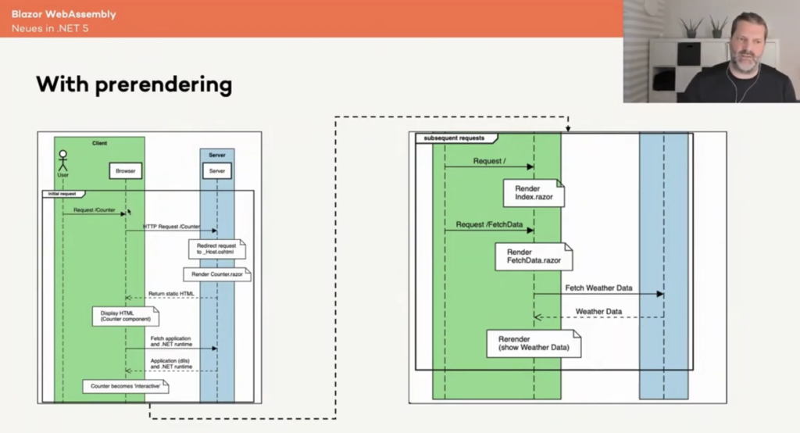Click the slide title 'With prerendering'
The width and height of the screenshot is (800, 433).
pos(134,84)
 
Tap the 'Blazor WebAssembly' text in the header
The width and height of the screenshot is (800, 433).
pos(63,14)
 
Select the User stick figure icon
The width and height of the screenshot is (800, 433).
pos(63,160)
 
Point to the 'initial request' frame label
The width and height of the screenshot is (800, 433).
pos(63,193)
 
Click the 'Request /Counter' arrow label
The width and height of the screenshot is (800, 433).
pos(94,209)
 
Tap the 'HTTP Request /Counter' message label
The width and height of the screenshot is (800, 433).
pos(170,227)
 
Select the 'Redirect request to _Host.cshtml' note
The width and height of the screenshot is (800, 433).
pos(216,249)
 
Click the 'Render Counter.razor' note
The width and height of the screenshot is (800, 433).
pos(216,274)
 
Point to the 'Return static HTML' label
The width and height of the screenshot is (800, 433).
pos(171,294)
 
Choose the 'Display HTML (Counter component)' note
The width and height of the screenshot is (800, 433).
pos(125,317)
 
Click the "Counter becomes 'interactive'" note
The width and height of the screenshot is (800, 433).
pos(127,386)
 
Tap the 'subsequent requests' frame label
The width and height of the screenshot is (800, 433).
pos(454,138)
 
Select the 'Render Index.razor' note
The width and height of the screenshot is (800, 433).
pos(534,192)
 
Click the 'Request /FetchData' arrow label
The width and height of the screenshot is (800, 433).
pos(489,224)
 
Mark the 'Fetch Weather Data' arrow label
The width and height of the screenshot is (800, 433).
pos(598,288)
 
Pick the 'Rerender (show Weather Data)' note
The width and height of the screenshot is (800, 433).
pos(534,342)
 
